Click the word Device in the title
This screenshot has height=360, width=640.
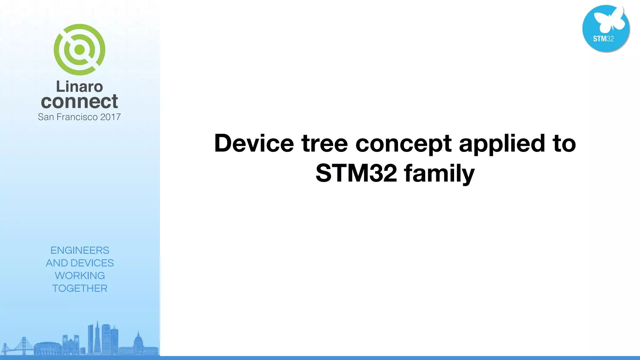tap(254, 143)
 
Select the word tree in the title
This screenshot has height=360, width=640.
tap(324, 143)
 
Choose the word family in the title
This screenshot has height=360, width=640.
tap(439, 174)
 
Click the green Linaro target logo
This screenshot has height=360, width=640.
tap(79, 50)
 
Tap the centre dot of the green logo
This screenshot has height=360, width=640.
tap(79, 49)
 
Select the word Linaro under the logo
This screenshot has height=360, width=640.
tap(79, 87)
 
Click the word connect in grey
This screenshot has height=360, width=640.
tap(79, 102)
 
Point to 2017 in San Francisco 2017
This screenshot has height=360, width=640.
tap(110, 117)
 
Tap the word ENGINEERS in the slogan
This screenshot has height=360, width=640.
tap(80, 250)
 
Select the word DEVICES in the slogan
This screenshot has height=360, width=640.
tap(92, 263)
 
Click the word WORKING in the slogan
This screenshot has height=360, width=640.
tap(80, 276)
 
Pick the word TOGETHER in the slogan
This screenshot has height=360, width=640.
tap(80, 288)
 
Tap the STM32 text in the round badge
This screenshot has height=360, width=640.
tap(603, 39)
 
